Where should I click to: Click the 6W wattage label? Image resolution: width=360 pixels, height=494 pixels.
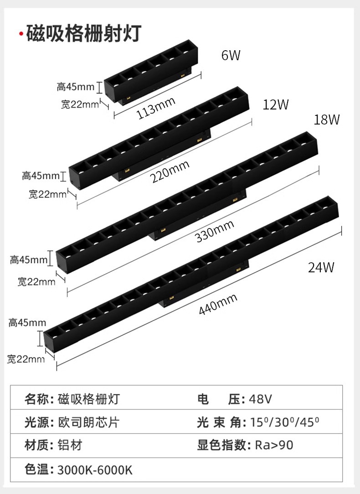[x=231, y=56]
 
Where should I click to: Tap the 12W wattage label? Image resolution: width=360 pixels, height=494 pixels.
[x=276, y=105]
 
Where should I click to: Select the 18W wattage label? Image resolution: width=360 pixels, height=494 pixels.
[x=327, y=120]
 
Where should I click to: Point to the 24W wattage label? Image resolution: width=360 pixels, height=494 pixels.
[x=321, y=267]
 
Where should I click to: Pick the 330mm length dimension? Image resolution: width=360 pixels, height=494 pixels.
[x=214, y=231]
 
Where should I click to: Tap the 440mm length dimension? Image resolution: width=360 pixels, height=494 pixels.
[x=218, y=304]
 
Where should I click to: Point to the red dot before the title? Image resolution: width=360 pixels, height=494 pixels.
[x=21, y=35]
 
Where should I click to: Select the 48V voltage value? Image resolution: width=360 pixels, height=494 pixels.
[x=261, y=400]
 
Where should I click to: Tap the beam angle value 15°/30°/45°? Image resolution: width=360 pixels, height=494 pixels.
[x=285, y=422]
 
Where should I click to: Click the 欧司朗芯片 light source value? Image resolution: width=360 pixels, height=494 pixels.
[x=88, y=422]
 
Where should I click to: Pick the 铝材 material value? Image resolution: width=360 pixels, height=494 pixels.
[x=70, y=445]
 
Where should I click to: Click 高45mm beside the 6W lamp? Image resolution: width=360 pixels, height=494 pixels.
[x=76, y=87]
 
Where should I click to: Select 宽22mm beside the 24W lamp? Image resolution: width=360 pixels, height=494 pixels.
[x=26, y=359]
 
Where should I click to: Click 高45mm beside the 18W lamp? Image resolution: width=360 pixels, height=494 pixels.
[x=29, y=260]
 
